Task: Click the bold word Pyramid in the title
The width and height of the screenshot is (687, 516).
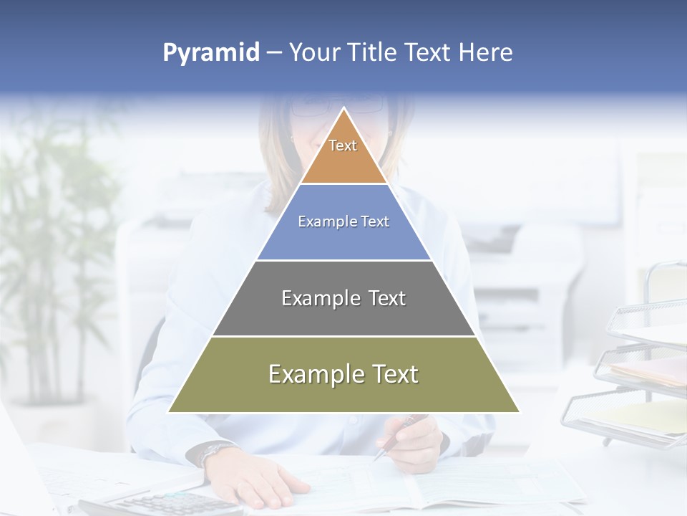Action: [x=210, y=53]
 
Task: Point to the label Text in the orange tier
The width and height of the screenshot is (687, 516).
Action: [x=343, y=145]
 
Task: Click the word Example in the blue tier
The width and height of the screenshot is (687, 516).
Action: [x=320, y=222]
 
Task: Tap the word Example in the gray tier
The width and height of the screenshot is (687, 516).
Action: [x=313, y=298]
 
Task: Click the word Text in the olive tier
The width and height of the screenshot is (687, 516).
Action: [x=392, y=374]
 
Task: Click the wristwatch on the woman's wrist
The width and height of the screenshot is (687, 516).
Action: [x=210, y=451]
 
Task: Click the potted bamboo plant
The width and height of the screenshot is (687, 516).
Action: [x=54, y=251]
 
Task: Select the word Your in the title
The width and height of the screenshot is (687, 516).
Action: [x=313, y=53]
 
